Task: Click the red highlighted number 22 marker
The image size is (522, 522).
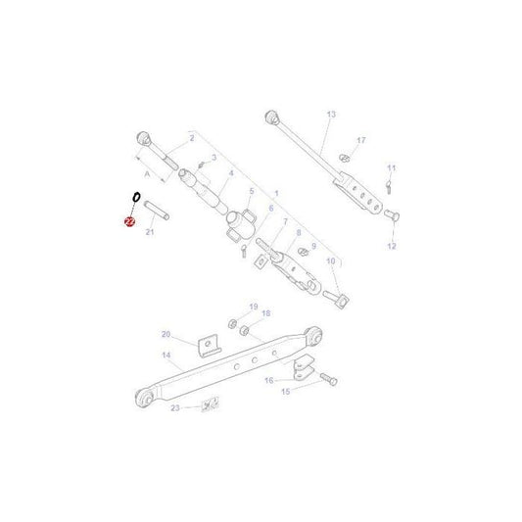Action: (x=129, y=222)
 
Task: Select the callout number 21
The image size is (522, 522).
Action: (x=150, y=233)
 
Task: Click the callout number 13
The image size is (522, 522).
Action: (x=331, y=116)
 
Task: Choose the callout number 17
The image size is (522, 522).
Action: (x=361, y=141)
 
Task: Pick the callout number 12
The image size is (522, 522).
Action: (x=393, y=246)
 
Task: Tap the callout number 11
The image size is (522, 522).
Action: (x=391, y=167)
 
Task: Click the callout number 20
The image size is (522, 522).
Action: (x=166, y=334)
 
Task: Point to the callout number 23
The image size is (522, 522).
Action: (x=175, y=406)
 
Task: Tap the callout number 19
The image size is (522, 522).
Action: (x=253, y=308)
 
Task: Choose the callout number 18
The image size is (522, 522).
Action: (x=265, y=314)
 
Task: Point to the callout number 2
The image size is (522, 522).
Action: (x=178, y=139)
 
